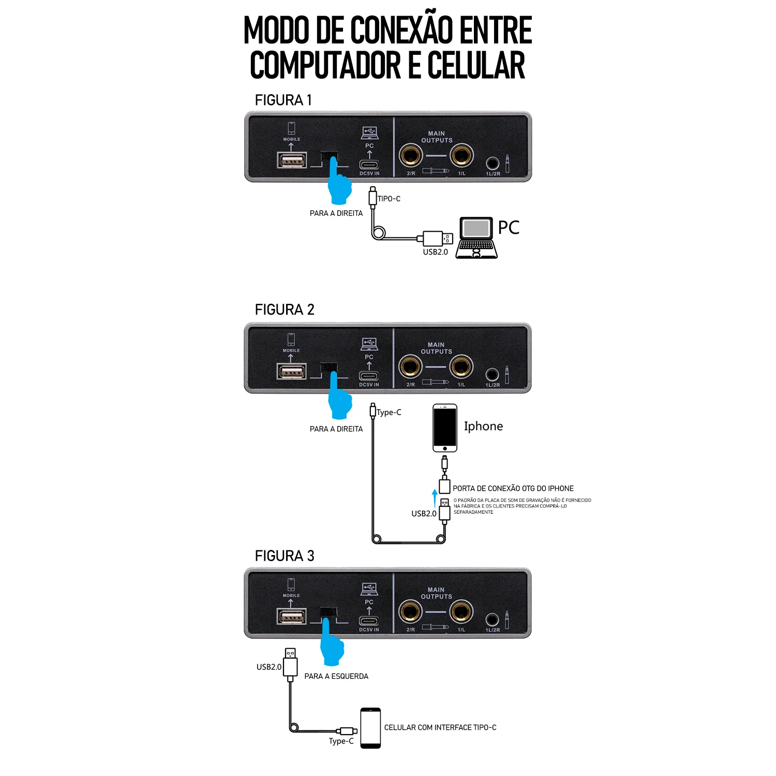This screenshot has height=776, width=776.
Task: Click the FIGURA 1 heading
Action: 283,100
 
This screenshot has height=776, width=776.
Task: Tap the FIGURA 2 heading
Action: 285,310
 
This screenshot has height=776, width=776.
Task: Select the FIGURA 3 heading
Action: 285,556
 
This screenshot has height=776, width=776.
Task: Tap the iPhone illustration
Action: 445,428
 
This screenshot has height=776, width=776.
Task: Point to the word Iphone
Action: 483,426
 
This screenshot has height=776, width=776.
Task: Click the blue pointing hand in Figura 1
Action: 339,184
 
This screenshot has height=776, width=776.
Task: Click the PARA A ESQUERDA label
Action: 336,676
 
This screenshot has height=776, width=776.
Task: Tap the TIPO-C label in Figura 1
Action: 389,199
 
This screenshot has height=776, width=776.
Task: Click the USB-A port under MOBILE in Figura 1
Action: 292,160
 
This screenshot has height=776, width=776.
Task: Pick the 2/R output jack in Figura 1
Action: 411,155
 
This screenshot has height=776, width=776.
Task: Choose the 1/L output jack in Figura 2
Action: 461,367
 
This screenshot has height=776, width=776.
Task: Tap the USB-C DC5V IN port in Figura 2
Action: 369,376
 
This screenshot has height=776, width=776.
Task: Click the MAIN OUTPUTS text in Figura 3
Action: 436,593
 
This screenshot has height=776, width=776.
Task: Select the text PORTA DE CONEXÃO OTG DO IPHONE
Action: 513,488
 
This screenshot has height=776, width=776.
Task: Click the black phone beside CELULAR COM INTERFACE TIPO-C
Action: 370,728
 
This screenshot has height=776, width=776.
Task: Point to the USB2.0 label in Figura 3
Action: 269,667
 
